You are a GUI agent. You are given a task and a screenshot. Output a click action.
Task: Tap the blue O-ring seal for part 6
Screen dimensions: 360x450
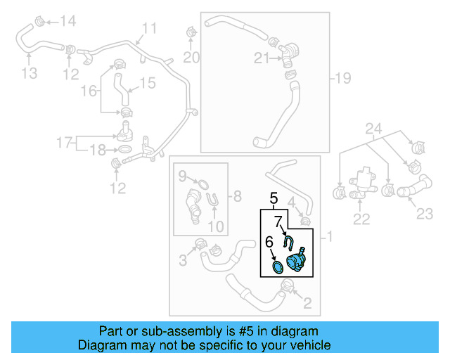278,267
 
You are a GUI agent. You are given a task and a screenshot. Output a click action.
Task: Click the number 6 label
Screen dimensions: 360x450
269,242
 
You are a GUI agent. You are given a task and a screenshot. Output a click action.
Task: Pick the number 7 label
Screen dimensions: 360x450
278,221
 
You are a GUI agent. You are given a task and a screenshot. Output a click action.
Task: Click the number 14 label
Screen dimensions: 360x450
67,21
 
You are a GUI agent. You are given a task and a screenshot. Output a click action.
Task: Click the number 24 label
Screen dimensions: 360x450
373,129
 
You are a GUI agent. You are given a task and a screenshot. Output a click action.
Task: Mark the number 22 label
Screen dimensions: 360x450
361,220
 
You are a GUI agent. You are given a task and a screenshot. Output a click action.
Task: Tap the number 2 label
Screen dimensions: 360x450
307,304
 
